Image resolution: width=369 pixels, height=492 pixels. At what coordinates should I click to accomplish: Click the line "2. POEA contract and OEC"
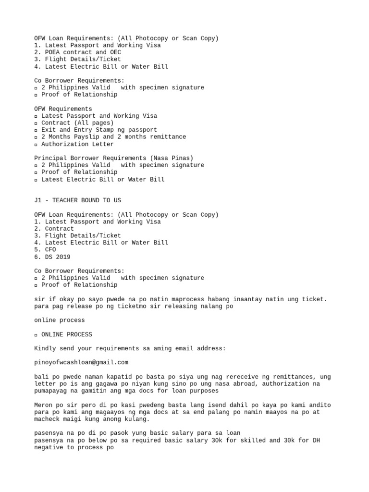(77, 52)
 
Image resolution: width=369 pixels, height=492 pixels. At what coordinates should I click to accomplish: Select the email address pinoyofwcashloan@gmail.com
(81, 362)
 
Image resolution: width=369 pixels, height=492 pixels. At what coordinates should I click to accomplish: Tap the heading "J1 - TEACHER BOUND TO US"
(77, 200)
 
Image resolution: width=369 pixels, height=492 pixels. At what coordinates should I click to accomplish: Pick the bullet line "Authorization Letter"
(77, 144)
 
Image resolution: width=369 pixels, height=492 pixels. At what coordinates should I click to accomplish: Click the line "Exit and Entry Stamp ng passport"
(99, 130)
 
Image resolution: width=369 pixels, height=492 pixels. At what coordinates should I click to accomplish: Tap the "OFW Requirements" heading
(63, 109)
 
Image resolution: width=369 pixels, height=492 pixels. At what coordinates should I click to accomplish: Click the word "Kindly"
(45, 348)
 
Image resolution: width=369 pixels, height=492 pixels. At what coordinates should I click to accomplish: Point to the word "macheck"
(47, 419)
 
